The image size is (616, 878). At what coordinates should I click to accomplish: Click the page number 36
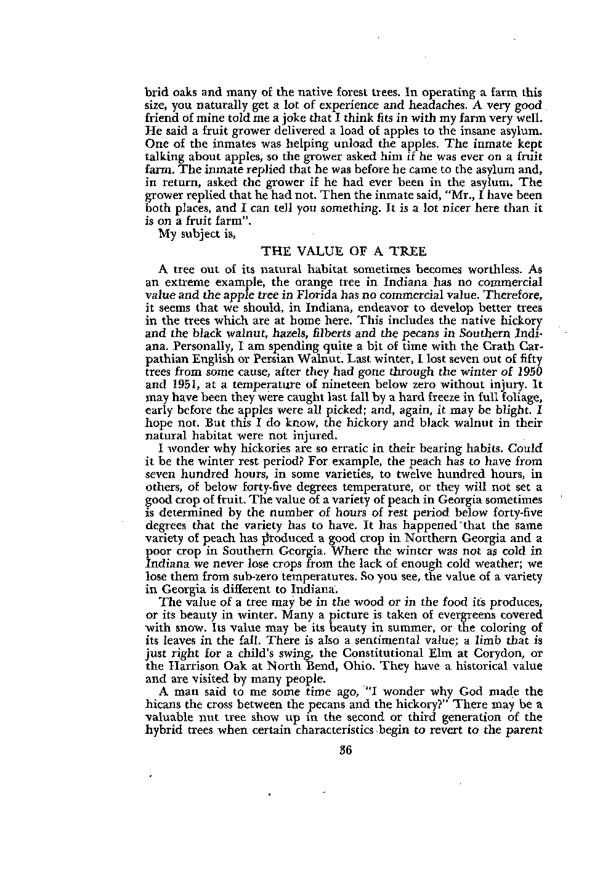coord(339,750)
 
